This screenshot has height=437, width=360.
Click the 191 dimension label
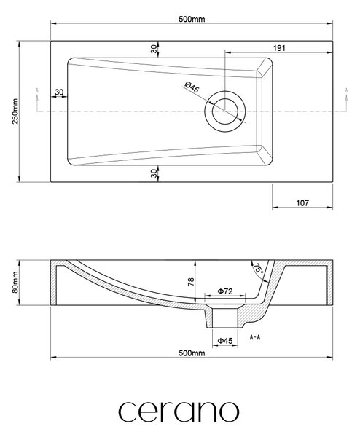pos(279,48)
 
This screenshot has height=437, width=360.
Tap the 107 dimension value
pos(302,203)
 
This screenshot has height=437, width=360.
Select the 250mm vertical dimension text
pos(15,111)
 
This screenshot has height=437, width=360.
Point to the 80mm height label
pos(15,282)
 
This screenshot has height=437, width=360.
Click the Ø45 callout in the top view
pos(192,87)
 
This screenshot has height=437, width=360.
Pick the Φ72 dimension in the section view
pos(224,291)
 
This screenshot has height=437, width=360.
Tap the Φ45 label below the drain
pos(224,341)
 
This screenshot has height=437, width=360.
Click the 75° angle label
pos(258,269)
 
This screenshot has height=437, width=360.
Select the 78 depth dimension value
pos(191,282)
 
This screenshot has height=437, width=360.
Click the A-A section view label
pos(255,337)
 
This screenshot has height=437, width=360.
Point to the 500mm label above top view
pos(192,19)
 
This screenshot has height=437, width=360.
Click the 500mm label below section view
pos(192,353)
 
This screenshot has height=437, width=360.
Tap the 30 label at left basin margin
pos(59,92)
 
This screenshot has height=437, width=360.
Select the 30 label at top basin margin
pos(154,49)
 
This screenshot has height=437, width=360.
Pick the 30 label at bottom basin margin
pos(154,173)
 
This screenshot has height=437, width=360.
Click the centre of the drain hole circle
pos(224,111)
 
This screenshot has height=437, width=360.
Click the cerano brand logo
pos(179,412)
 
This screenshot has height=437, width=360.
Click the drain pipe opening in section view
pos(224,317)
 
